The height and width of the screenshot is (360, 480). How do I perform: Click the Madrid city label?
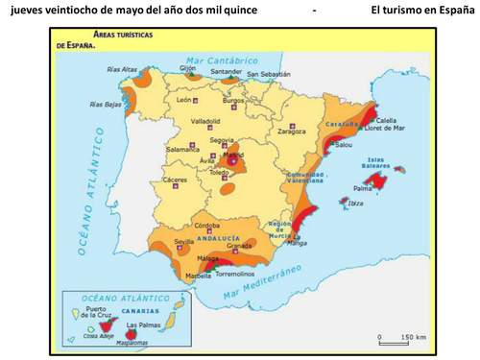[x=232, y=152]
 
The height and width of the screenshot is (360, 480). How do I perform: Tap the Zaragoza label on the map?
[x=292, y=131]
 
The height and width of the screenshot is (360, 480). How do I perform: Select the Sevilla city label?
[x=157, y=242]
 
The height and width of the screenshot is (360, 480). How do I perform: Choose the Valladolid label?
[x=205, y=122]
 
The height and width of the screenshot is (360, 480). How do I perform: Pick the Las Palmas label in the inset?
[x=143, y=325]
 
